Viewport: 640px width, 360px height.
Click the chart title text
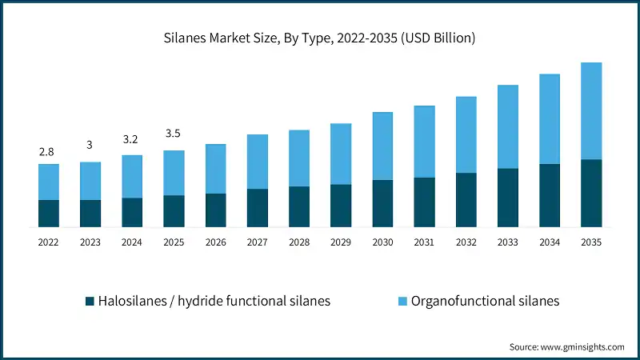coord(320,38)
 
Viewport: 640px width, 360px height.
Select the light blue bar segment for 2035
coord(591,111)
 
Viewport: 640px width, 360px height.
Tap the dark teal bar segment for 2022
coord(49,213)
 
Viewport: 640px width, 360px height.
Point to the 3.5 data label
coord(174,134)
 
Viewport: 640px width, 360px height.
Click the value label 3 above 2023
coord(90,145)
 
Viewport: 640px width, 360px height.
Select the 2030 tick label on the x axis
coord(382,241)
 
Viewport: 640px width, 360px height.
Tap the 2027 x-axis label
coord(258,241)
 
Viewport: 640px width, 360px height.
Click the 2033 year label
coord(508,241)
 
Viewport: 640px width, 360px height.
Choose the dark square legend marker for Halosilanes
coord(90,302)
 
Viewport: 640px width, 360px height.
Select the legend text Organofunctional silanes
coord(485,302)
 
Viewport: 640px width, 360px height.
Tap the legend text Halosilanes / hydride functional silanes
coord(214,302)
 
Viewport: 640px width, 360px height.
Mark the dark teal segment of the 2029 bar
coord(341,206)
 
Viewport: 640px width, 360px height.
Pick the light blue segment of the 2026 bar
coord(216,169)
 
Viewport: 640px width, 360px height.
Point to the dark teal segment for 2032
coord(466,199)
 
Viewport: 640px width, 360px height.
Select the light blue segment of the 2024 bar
coord(132,176)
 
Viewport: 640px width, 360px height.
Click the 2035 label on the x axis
coord(591,241)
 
